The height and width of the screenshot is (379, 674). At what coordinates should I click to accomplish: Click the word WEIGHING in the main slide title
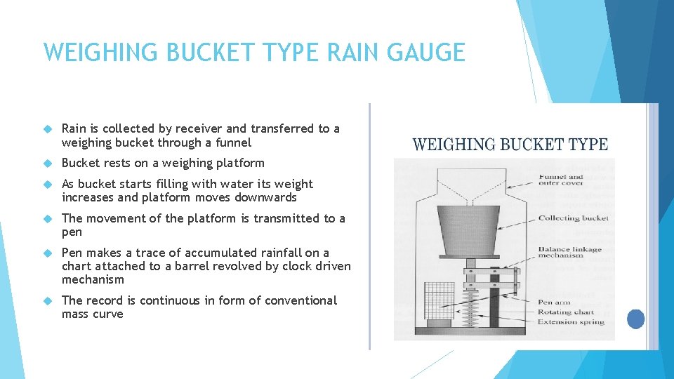point(90,53)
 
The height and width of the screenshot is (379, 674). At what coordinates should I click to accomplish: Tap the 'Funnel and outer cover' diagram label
point(561,180)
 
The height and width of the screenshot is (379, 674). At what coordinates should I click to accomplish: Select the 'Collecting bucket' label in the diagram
point(573,218)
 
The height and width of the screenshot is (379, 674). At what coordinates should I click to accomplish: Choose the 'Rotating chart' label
point(566,312)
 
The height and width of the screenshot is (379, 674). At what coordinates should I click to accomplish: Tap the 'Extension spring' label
point(569,322)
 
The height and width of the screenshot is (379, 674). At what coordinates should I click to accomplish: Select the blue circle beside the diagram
point(635,319)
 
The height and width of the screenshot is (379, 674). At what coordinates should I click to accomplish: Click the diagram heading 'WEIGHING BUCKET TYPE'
point(510,145)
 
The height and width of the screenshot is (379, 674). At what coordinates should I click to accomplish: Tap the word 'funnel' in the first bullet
point(234,142)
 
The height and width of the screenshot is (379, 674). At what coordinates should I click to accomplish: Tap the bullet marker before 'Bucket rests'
point(48,164)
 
